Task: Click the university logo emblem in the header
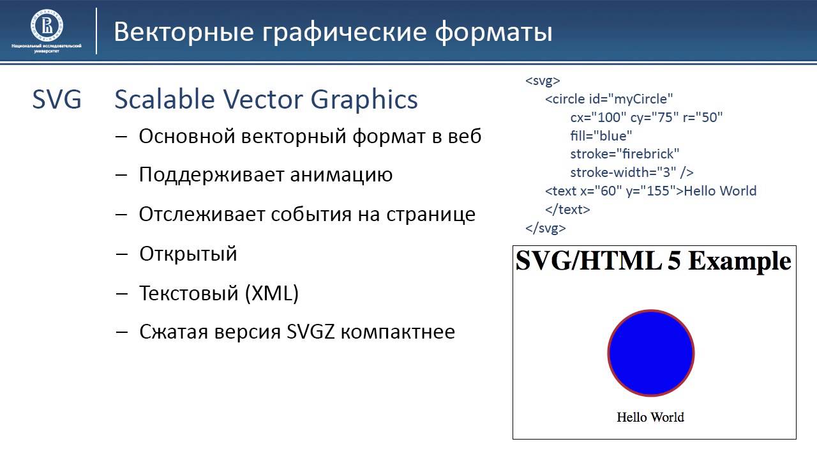coord(47,25)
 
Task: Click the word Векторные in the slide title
coord(184,32)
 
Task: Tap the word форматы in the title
coord(493,33)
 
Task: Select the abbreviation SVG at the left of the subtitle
coord(57,99)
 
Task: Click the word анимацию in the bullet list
coord(341,175)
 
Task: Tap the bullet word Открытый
coord(188,254)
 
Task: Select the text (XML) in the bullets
coord(272,293)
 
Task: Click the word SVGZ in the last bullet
coord(310,332)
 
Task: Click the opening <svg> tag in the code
coord(543,80)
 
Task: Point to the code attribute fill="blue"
coord(601,136)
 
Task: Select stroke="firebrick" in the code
coord(625,154)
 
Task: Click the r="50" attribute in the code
coord(703,117)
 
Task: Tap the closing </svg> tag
coord(546,228)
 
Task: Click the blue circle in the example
coord(651,353)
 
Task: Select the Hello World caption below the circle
coord(650,417)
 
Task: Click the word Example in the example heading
coord(739,262)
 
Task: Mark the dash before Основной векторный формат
coord(121,137)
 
